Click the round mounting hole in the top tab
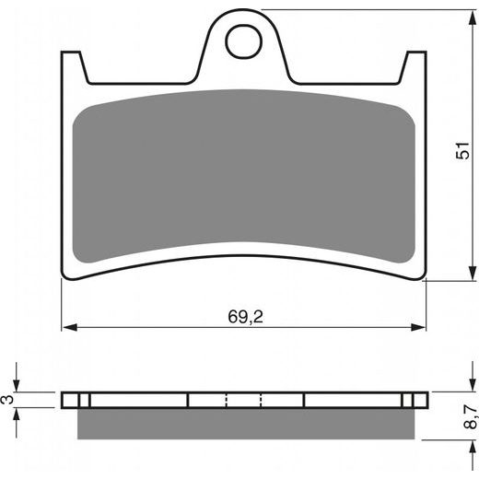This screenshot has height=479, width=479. click(244, 41)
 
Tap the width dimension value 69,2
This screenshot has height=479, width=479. click(244, 315)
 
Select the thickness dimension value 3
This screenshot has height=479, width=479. click(7, 399)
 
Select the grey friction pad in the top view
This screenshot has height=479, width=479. click(244, 175)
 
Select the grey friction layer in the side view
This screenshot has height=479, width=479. click(244, 422)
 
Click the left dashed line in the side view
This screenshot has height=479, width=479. click(226, 400)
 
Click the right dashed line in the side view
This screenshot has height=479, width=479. click(262, 400)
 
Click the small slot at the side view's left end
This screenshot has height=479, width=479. click(83, 400)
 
